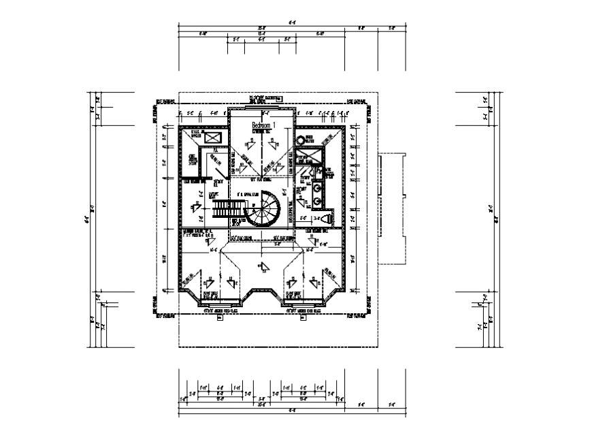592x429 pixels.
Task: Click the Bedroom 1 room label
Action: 262,126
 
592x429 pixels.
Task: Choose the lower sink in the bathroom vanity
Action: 317,202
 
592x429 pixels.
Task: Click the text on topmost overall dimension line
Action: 293,22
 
